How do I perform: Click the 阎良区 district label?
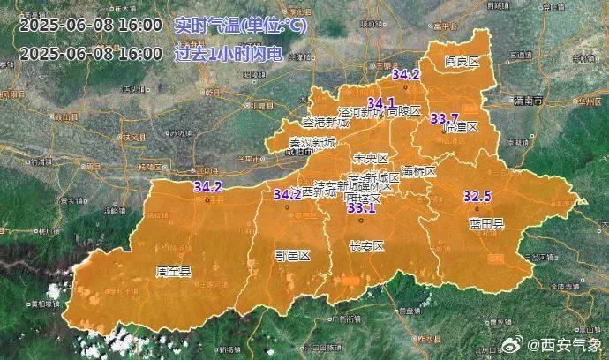click(x=462, y=62)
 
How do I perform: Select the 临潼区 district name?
click(x=460, y=127)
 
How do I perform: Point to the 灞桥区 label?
click(x=418, y=170)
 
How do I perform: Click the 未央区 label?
click(x=370, y=158)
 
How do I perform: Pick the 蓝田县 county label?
click(x=485, y=223)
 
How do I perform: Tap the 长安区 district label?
click(x=367, y=247)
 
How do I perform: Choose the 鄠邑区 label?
click(x=292, y=255)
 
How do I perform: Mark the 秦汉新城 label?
click(x=312, y=142)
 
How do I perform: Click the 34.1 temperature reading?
click(x=381, y=101)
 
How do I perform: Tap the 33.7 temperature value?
click(x=444, y=118)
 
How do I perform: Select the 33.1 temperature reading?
click(x=361, y=208)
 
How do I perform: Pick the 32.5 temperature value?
click(x=477, y=196)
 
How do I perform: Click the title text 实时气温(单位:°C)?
click(x=241, y=26)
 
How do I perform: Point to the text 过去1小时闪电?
click(x=228, y=53)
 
